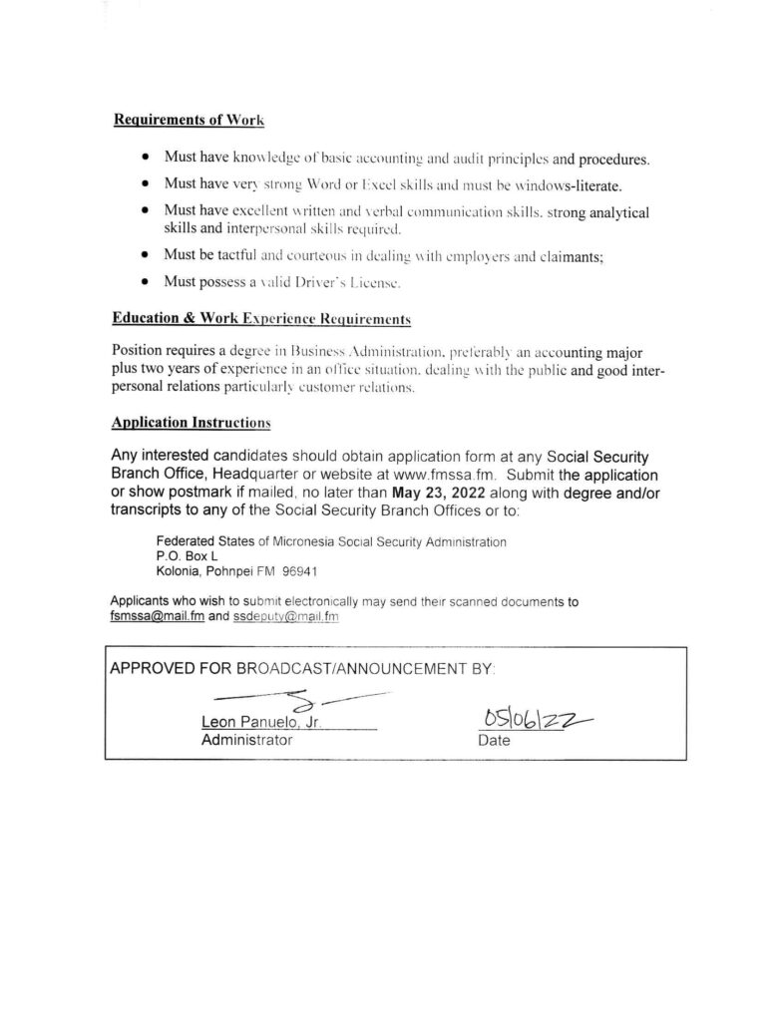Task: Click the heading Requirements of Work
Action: coord(190,121)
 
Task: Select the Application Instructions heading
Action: coord(192,422)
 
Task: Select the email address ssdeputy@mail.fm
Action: coord(287,617)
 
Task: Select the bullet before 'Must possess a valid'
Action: coord(147,284)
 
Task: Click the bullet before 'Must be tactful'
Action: coord(147,256)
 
